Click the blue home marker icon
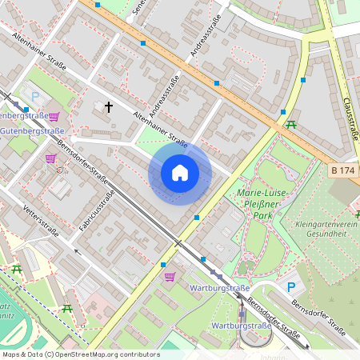pos(180,172)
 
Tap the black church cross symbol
pos(109,106)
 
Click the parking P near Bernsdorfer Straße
pos(291,287)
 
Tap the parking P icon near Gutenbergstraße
pos(26,110)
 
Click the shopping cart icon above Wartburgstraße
pos(170,277)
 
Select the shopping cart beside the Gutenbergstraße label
pos(54,116)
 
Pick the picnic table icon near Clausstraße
pos(291,124)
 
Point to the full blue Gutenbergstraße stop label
pos(32,130)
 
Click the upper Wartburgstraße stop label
pos(219,287)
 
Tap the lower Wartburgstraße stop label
pos(240,326)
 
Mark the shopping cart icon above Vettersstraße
pos(50,158)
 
